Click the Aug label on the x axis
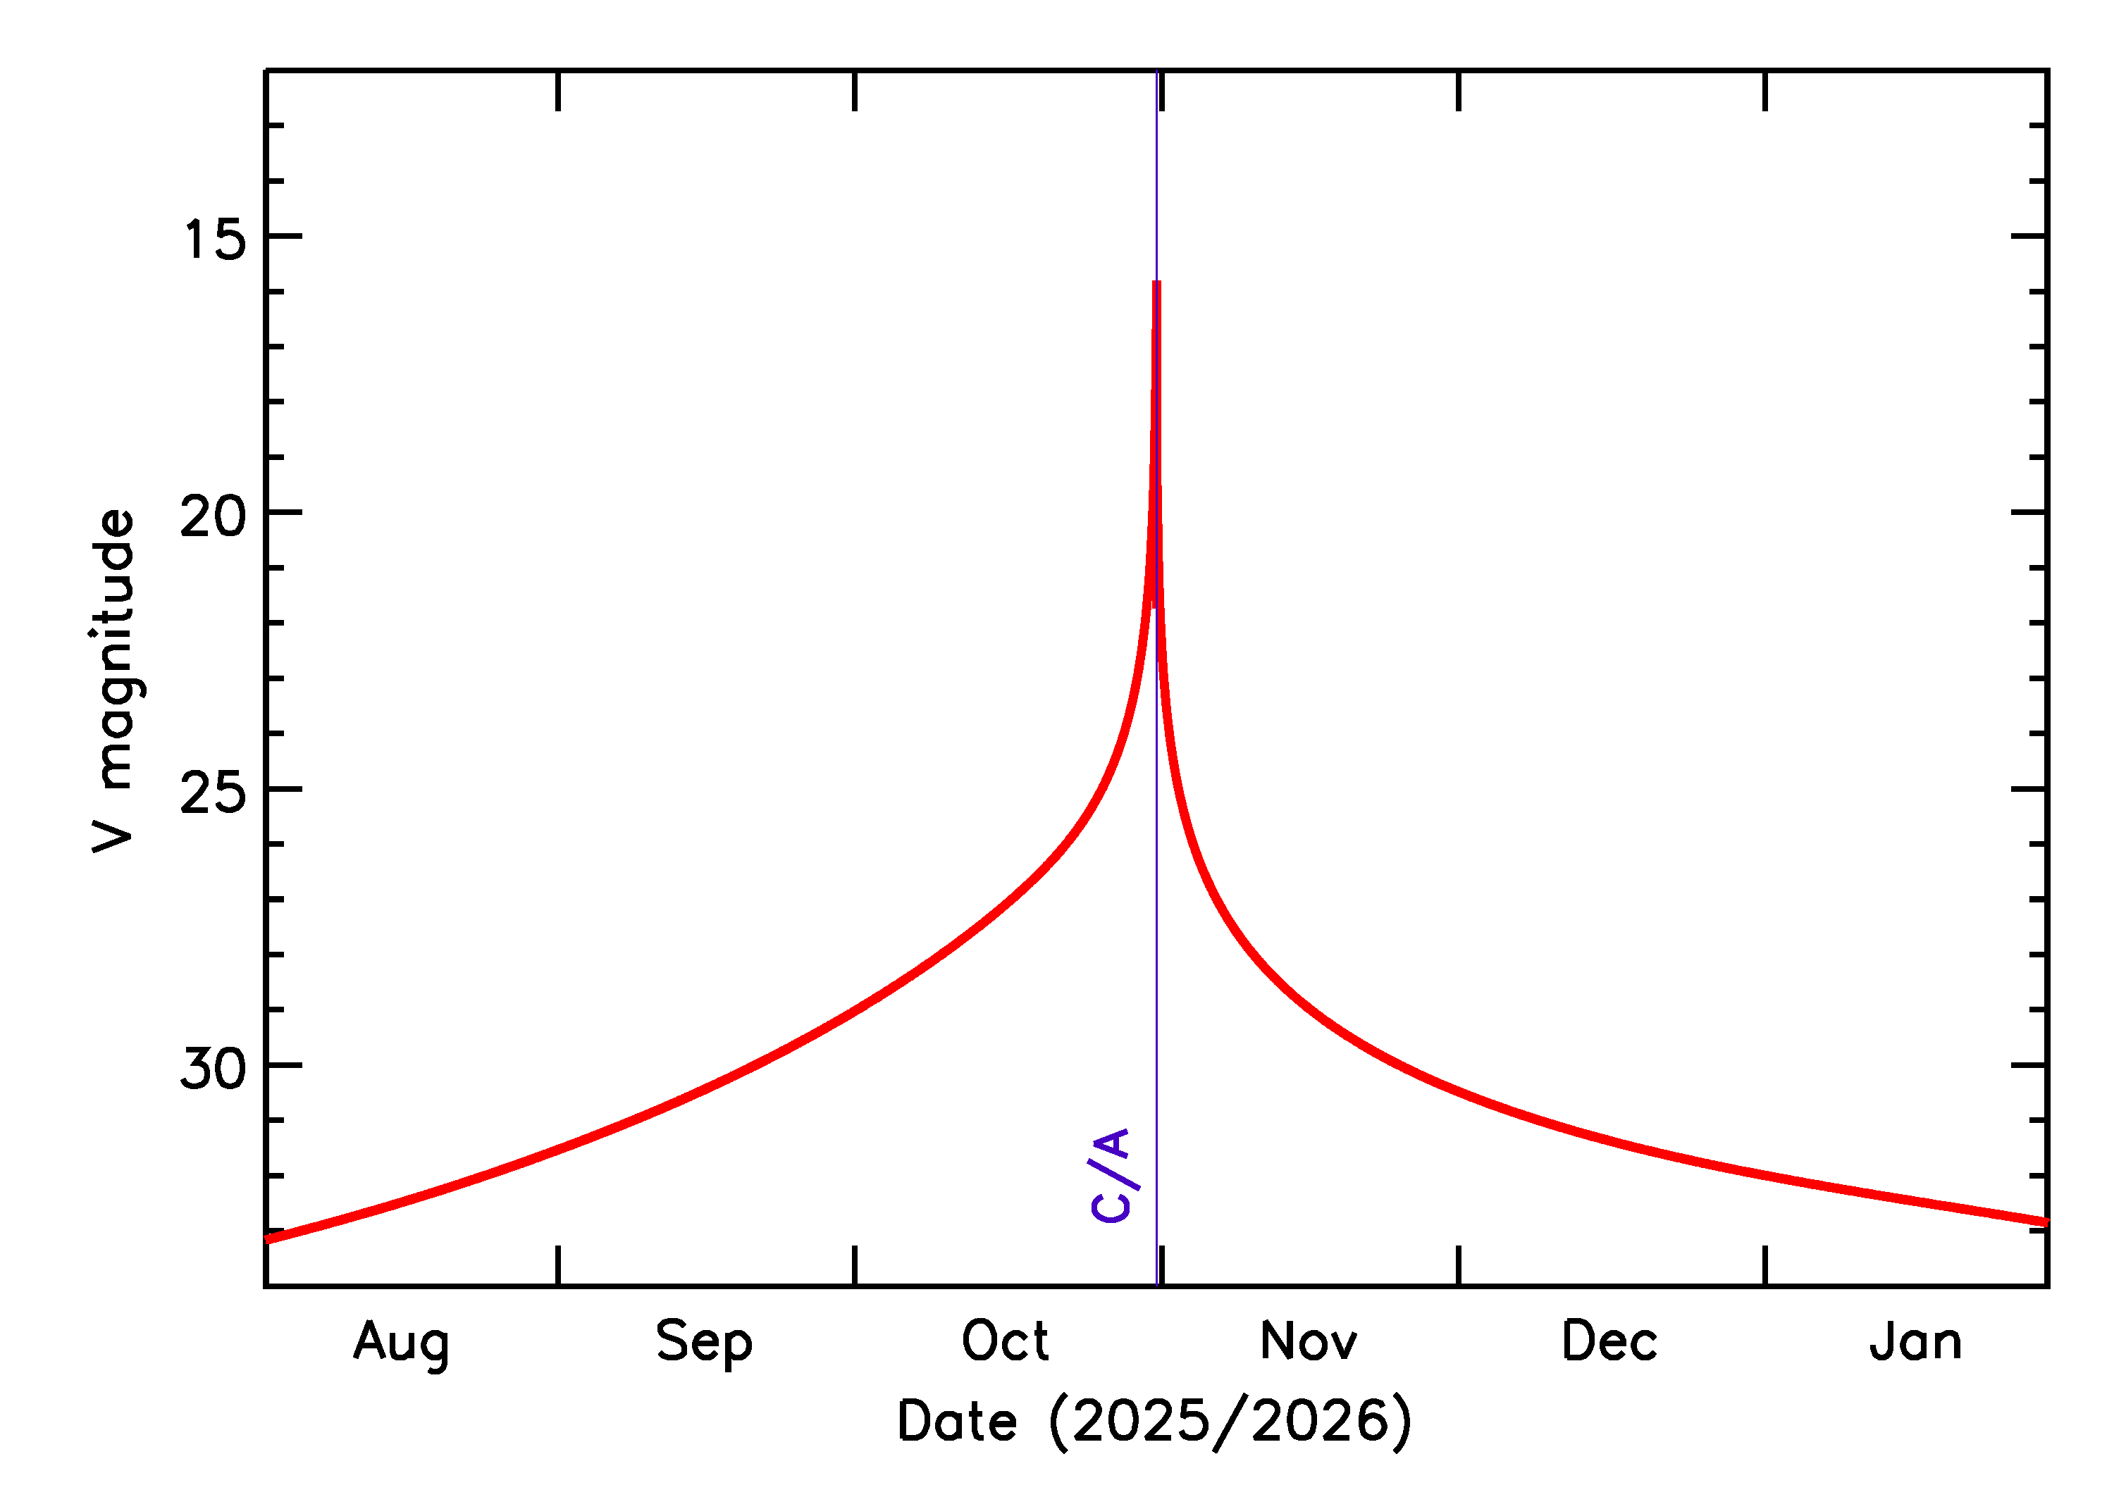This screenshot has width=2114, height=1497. point(401,1343)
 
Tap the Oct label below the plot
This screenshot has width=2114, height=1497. point(1005,1341)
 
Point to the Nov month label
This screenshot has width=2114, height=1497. point(1309,1341)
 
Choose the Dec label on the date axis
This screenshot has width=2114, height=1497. point(1609,1341)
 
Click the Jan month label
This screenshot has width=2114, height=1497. point(1916,1341)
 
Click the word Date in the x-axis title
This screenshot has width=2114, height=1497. point(956,1420)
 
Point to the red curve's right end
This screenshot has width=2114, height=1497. point(2045,1222)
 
